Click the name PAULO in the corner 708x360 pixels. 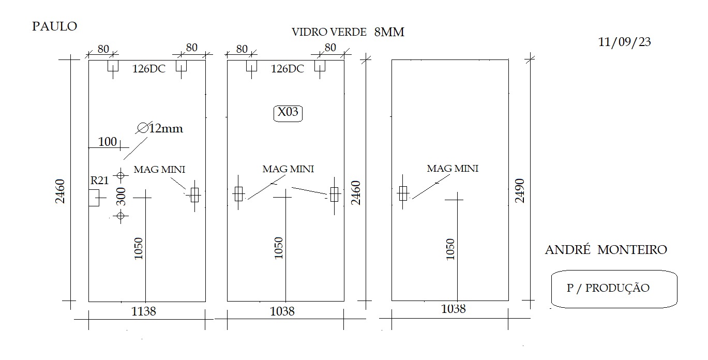[x=55, y=26]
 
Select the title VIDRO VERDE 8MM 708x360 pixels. [x=348, y=32]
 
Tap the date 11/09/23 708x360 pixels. [x=625, y=42]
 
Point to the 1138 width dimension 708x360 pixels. [x=143, y=312]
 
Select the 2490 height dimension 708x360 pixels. [x=520, y=190]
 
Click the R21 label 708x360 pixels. [x=100, y=181]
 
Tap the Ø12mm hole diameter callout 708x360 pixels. [x=160, y=128]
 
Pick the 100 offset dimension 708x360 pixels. [x=108, y=142]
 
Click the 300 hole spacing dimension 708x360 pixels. [x=121, y=196]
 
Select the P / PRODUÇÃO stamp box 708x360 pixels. [x=614, y=289]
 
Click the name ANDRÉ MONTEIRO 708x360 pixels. [x=606, y=250]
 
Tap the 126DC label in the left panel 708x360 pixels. [x=149, y=69]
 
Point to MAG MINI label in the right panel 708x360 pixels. [x=453, y=169]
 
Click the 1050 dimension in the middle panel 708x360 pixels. [x=278, y=248]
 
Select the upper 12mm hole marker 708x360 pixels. [x=120, y=175]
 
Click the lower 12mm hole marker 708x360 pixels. [x=120, y=216]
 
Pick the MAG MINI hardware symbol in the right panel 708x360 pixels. [x=403, y=193]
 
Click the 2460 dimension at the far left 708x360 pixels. [x=60, y=191]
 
